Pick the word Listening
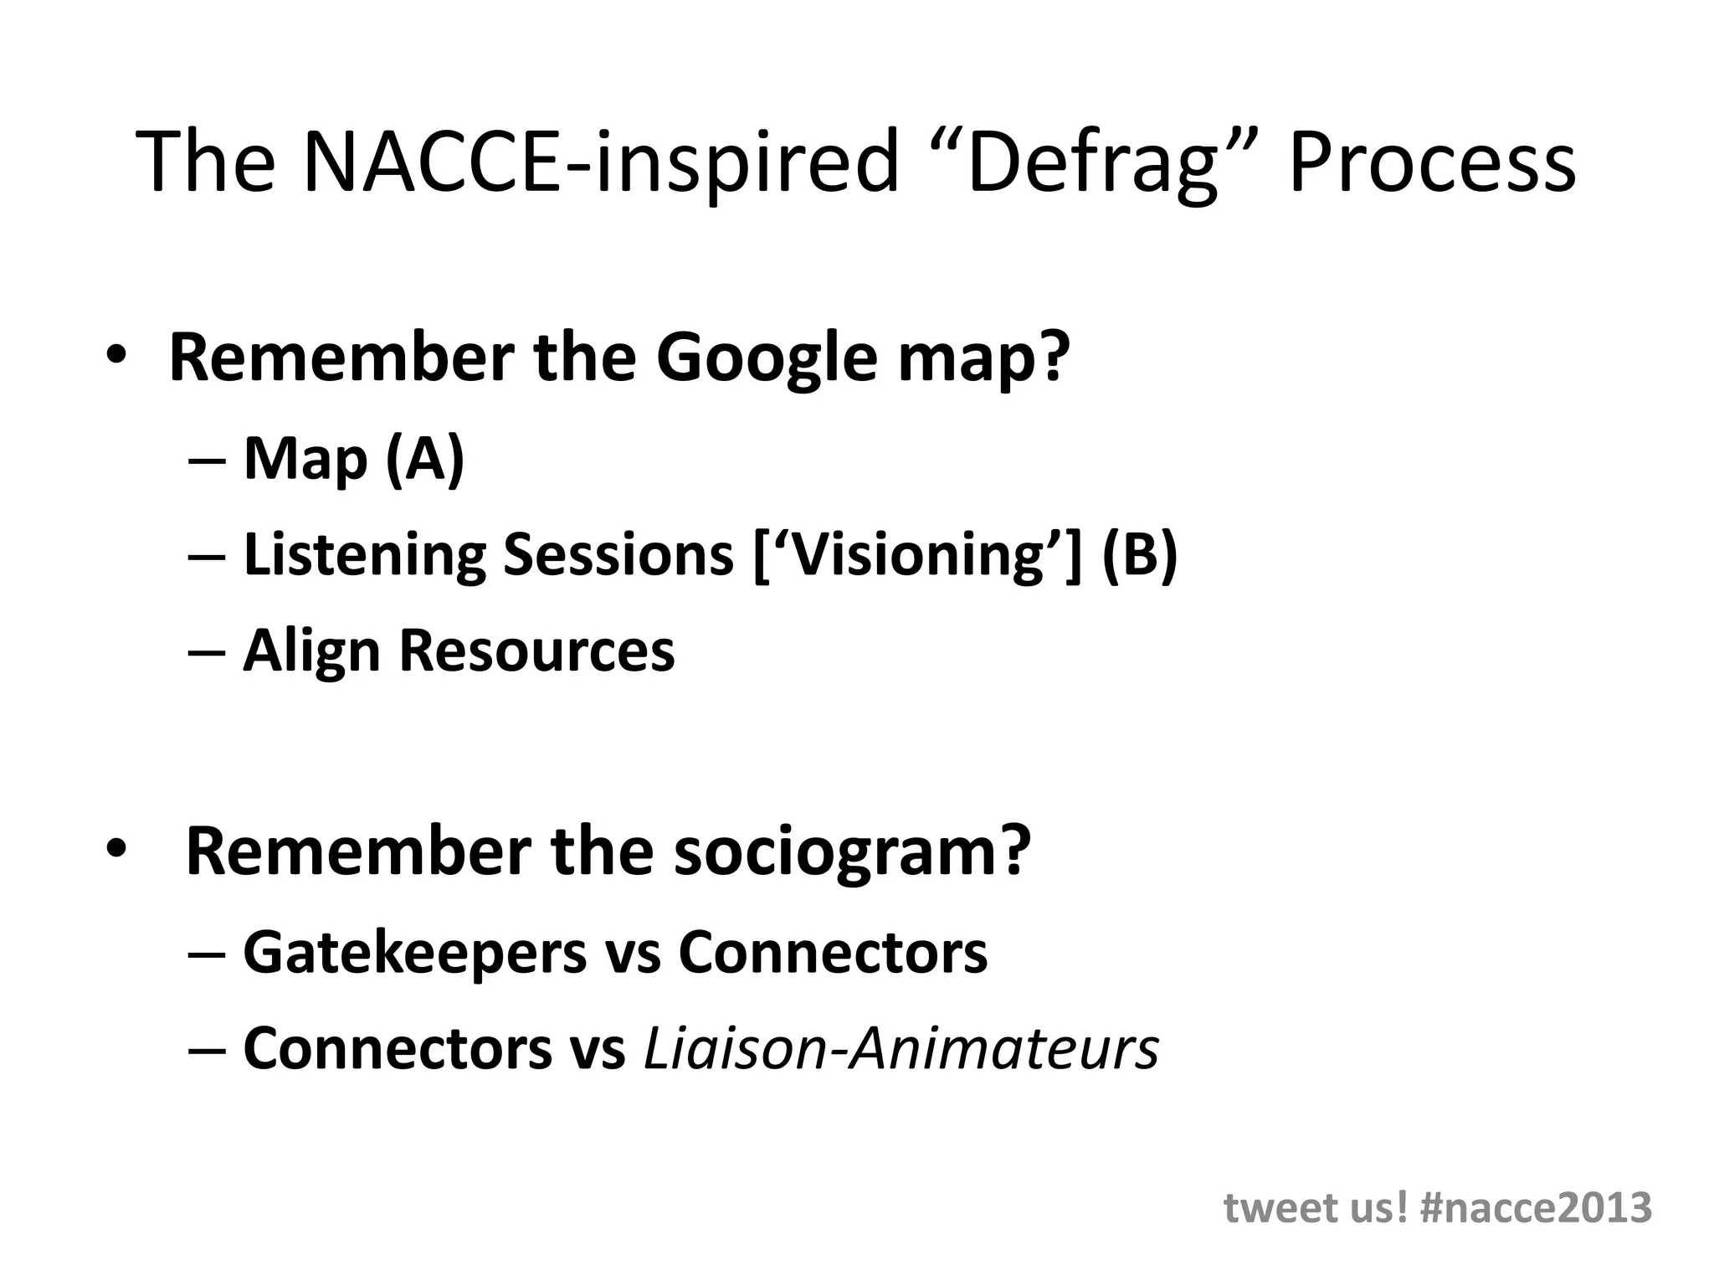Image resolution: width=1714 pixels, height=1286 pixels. click(364, 556)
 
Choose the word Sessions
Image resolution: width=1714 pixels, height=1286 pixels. click(618, 554)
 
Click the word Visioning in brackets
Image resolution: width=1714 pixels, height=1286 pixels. click(918, 556)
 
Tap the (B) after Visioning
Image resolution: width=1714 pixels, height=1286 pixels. click(1140, 554)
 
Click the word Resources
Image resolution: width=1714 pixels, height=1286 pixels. click(536, 651)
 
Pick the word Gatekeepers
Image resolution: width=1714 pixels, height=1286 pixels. click(415, 954)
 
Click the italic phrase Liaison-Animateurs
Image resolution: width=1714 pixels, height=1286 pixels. click(901, 1048)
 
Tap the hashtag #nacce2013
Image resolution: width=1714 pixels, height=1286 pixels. click(1537, 1208)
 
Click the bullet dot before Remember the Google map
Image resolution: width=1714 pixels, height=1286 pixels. click(115, 356)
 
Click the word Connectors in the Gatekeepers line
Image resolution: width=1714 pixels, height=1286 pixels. click(832, 952)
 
